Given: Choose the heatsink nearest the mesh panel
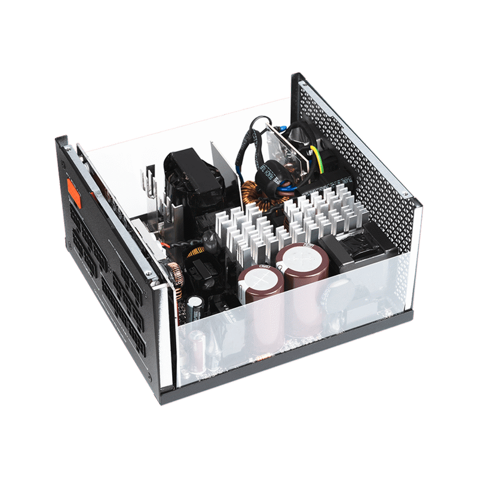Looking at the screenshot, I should [326, 212].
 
